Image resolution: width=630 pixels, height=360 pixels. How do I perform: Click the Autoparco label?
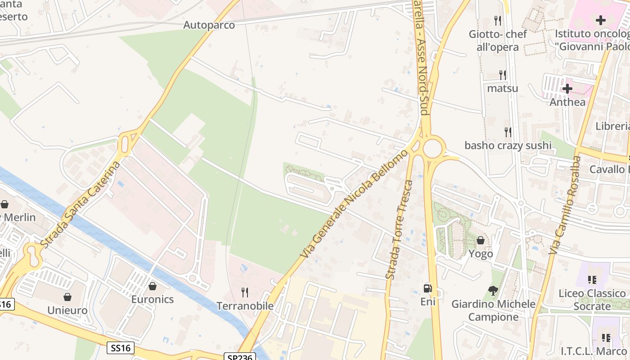(x=209, y=25)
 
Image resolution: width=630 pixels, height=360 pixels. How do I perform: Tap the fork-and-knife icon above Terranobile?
(x=245, y=292)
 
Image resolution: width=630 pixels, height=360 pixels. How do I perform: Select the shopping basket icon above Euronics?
(x=153, y=286)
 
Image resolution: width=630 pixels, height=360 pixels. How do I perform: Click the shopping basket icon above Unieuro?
(x=67, y=297)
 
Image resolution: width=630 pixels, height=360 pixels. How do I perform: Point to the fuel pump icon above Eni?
(x=427, y=288)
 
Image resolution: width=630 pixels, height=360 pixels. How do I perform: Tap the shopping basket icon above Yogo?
(x=481, y=240)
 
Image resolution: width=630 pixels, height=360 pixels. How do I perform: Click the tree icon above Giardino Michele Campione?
(x=493, y=291)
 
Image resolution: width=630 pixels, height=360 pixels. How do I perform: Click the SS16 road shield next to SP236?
(x=121, y=347)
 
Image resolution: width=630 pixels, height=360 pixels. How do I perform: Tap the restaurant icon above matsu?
(x=503, y=75)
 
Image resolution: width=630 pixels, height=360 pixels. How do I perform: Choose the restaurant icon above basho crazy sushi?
(x=508, y=132)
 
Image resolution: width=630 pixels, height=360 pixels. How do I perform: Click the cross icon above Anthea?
(x=567, y=89)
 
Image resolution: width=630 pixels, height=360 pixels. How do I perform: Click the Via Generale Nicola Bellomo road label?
(x=355, y=203)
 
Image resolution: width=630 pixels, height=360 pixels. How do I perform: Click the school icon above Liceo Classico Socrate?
(x=592, y=280)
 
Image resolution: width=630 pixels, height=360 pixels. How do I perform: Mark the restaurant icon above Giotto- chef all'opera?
(x=497, y=20)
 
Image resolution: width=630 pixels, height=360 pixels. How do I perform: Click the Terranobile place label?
(x=245, y=306)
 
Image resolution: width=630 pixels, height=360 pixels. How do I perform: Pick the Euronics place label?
(x=153, y=299)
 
